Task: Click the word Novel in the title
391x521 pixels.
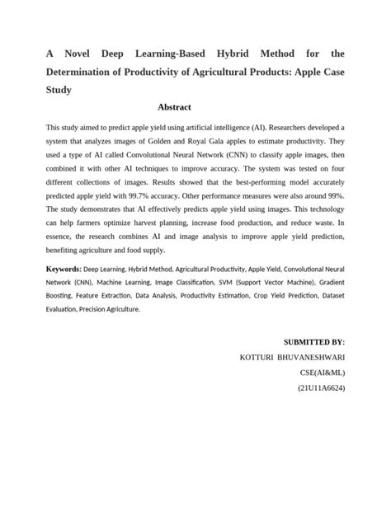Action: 77,54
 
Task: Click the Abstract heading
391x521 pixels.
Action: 173,107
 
